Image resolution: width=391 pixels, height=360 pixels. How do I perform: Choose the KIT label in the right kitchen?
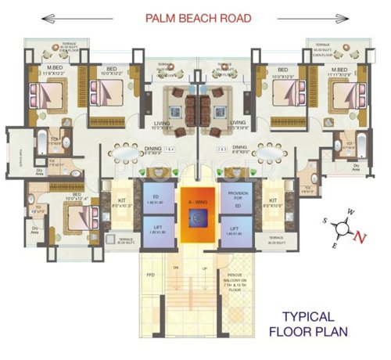point(273,200)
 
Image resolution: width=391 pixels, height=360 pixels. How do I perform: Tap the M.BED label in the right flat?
point(338,69)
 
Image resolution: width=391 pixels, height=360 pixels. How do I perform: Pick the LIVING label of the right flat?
point(238,123)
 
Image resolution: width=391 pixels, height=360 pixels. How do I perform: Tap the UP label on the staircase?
point(205,268)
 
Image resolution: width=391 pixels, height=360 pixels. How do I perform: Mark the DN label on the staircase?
point(177,268)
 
